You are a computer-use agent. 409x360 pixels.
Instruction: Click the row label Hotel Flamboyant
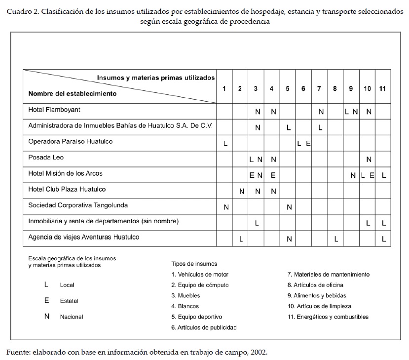click(54, 110)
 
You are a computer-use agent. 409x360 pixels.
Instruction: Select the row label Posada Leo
click(46, 158)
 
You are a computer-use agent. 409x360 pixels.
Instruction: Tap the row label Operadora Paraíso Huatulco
click(71, 142)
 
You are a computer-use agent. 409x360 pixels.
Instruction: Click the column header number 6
click(303, 89)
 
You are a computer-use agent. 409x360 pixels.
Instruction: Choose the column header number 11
click(382, 89)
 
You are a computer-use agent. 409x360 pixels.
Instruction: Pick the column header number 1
click(224, 89)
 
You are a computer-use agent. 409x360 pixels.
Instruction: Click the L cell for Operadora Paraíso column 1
click(225, 144)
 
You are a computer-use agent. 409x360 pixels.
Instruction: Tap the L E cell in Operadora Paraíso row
click(303, 144)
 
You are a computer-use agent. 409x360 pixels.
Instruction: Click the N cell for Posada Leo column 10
click(369, 160)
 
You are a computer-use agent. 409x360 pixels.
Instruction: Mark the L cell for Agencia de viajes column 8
click(335, 240)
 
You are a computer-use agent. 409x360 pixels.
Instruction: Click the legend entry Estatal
click(69, 301)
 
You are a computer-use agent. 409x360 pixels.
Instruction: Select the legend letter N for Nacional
click(47, 317)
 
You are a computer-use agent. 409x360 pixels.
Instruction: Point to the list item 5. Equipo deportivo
click(196, 317)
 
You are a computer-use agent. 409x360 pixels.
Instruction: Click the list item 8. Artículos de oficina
click(315, 285)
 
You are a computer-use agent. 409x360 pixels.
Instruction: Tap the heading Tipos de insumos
click(194, 264)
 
